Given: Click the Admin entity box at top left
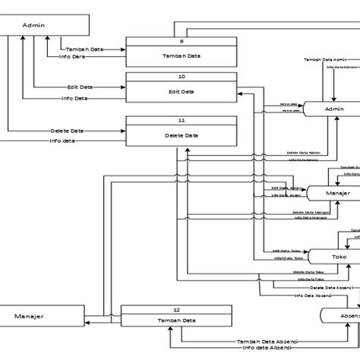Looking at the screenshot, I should [34, 25].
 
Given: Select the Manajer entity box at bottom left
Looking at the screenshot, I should [30, 315].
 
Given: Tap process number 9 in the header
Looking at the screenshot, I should [181, 42].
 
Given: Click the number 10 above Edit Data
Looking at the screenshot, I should [181, 77].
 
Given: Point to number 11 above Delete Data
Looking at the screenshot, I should [181, 121].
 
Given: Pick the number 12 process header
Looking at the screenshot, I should [176, 310].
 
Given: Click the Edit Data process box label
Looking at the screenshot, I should [181, 92].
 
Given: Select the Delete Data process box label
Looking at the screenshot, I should [181, 135].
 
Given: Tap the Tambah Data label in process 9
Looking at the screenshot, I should [181, 56].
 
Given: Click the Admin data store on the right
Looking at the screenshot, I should [334, 109].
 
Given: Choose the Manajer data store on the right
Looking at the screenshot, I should [337, 194].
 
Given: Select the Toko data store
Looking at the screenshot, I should [339, 257].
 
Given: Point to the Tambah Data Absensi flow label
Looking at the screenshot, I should [267, 341].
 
